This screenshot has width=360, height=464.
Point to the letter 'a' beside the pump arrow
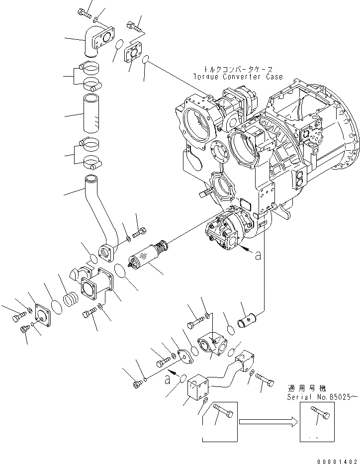coord(258,256)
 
